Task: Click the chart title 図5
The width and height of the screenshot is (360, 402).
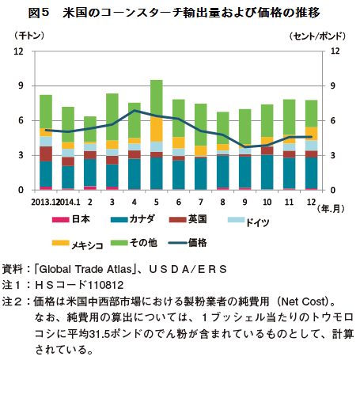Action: (39, 13)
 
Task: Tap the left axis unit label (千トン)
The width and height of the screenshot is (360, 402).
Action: (29, 36)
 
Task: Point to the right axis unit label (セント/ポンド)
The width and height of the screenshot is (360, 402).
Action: (317, 36)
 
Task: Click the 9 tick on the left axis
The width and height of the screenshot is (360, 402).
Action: (21, 85)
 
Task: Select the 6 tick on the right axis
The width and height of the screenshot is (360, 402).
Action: (333, 120)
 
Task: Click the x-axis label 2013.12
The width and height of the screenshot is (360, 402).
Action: (44, 202)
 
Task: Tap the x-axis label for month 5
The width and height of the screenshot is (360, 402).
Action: (157, 202)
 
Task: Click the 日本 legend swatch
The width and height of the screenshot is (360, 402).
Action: (60, 219)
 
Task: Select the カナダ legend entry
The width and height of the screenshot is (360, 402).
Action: (133, 219)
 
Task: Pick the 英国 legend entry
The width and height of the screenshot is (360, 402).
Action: (188, 219)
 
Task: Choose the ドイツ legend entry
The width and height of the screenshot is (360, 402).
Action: (248, 221)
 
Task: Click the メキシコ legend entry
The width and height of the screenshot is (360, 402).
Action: (78, 245)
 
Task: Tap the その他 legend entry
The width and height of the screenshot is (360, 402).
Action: (134, 243)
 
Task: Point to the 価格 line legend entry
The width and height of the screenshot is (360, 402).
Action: (188, 243)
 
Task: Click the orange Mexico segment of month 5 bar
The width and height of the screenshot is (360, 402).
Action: (157, 129)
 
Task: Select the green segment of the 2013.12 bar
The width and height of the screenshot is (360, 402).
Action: (46, 112)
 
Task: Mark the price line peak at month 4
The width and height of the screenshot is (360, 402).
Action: (135, 110)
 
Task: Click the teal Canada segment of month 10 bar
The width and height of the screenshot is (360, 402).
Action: (267, 172)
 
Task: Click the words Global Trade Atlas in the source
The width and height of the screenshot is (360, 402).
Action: (85, 269)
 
